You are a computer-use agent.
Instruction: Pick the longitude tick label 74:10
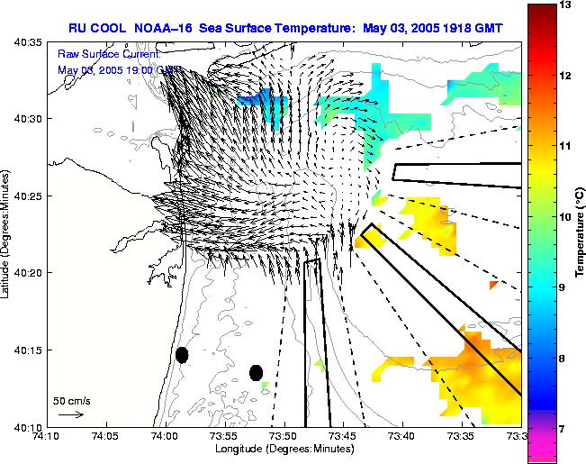(x=47, y=436)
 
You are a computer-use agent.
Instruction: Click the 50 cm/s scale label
(x=71, y=400)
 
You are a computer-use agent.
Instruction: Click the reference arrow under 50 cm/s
(x=70, y=415)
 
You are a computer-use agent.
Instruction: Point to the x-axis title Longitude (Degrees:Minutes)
(x=284, y=448)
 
